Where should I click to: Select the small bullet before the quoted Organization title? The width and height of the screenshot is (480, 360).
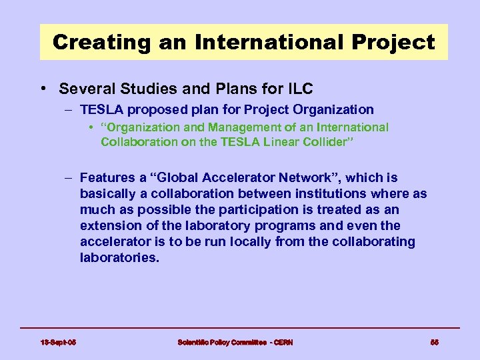tap(91, 127)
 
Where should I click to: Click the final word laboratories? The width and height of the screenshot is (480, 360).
tap(119, 257)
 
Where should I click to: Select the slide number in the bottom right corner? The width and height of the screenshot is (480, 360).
tap(434, 342)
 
